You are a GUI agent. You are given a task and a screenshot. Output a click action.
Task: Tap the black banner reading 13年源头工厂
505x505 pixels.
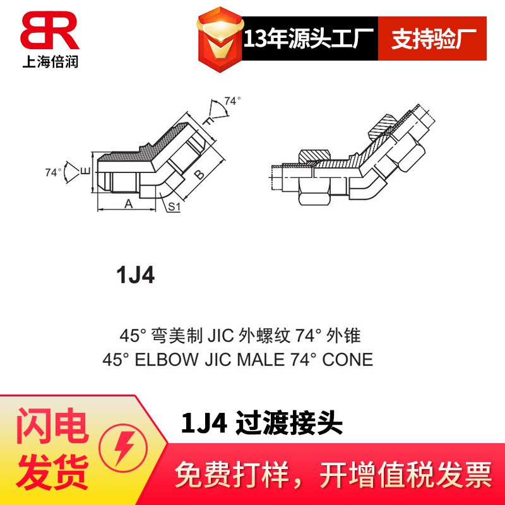(309, 39)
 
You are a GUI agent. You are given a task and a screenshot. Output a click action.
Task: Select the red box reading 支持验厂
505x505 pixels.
(432, 39)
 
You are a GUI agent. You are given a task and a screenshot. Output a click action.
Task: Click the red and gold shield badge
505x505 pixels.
(219, 39)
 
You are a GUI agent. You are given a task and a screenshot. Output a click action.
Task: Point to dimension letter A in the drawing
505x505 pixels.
(128, 204)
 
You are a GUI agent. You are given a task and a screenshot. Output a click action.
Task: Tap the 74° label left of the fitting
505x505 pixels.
(54, 172)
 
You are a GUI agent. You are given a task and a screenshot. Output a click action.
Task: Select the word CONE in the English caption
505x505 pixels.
(347, 360)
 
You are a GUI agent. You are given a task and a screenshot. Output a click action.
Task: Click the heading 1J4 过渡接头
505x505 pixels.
(262, 424)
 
